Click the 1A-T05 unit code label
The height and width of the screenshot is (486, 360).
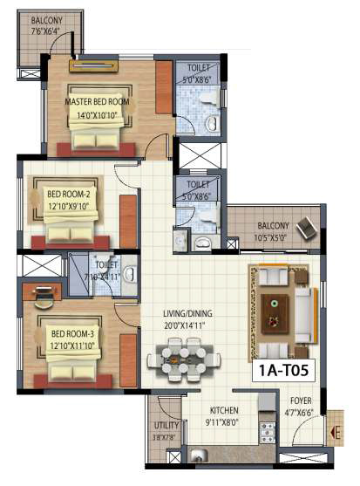click(x=285, y=370)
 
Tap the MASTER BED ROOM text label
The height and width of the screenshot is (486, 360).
click(x=97, y=101)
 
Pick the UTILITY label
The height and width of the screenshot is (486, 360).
click(x=166, y=427)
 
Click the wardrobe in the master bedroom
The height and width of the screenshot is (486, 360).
click(x=164, y=87)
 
